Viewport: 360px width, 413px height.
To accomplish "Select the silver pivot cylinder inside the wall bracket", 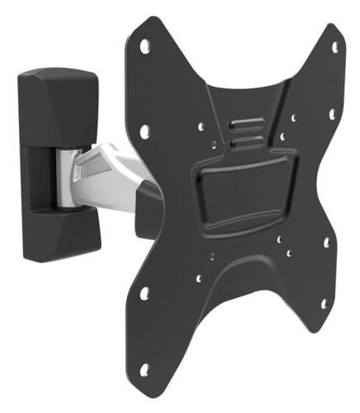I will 66,173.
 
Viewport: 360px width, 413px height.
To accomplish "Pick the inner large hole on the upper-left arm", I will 144,130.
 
